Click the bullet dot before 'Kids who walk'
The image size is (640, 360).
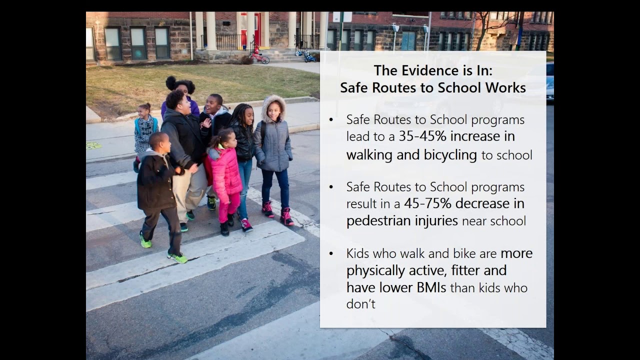[331, 254]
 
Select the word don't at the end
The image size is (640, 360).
[360, 304]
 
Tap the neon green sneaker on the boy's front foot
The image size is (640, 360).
[178, 257]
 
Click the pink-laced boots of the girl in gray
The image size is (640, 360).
[286, 216]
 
